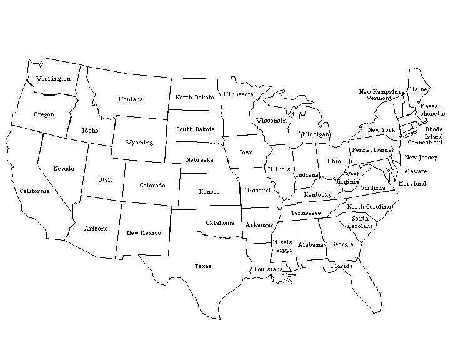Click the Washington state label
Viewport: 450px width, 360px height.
[53, 79]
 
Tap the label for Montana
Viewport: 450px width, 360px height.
[131, 99]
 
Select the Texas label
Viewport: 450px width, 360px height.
[202, 266]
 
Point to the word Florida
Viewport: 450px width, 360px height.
[342, 266]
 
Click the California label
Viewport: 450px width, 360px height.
[34, 191]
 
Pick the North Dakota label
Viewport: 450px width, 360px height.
[194, 97]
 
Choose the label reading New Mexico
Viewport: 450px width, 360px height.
[143, 233]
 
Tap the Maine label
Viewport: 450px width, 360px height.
[418, 90]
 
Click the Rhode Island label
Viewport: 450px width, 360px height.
[434, 133]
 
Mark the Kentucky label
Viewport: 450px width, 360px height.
[317, 195]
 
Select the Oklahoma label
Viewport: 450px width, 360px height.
[219, 223]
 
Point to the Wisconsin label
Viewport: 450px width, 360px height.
[271, 121]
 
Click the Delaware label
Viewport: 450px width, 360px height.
[414, 171]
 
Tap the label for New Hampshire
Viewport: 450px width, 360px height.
[382, 92]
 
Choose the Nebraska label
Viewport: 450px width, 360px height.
[199, 160]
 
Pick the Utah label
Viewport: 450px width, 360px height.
[104, 180]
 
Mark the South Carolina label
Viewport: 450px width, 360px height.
[359, 222]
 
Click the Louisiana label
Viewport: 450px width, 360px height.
[268, 269]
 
